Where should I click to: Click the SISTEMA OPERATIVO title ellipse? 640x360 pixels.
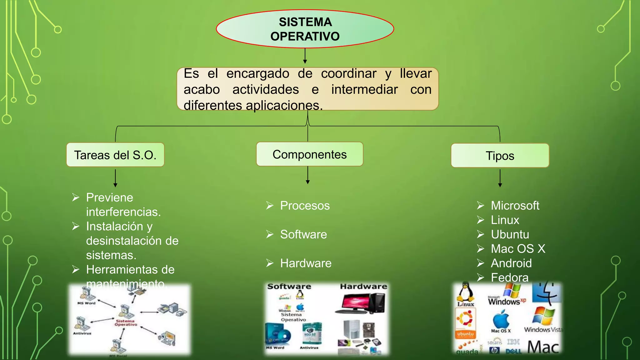305,29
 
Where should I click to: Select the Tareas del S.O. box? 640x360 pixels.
115,155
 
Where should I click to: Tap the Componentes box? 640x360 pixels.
309,154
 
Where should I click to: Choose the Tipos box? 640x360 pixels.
500,156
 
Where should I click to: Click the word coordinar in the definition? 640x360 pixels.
348,74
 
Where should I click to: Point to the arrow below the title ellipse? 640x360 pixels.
305,57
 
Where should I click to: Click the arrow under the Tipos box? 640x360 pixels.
500,178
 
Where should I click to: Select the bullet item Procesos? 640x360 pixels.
305,206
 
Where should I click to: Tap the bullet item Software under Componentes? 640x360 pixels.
303,234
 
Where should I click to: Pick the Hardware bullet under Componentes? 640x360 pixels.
306,263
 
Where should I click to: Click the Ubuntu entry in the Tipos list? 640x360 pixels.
510,234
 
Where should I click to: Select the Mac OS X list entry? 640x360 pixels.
518,249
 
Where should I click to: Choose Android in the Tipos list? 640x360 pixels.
511,263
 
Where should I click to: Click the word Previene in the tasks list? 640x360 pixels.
109,197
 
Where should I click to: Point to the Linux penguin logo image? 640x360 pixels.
466,294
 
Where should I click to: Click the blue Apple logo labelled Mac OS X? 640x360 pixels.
501,320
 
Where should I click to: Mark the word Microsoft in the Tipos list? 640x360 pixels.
515,206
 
